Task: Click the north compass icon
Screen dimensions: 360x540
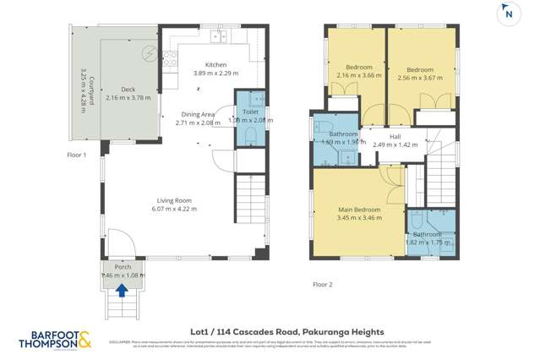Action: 508,13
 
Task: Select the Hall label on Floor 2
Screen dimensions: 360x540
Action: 395,135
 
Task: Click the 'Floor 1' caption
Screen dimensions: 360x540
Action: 78,155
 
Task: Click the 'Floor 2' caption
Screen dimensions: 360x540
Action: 321,284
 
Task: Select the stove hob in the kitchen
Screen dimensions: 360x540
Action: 167,58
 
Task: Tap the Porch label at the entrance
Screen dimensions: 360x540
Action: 121,265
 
